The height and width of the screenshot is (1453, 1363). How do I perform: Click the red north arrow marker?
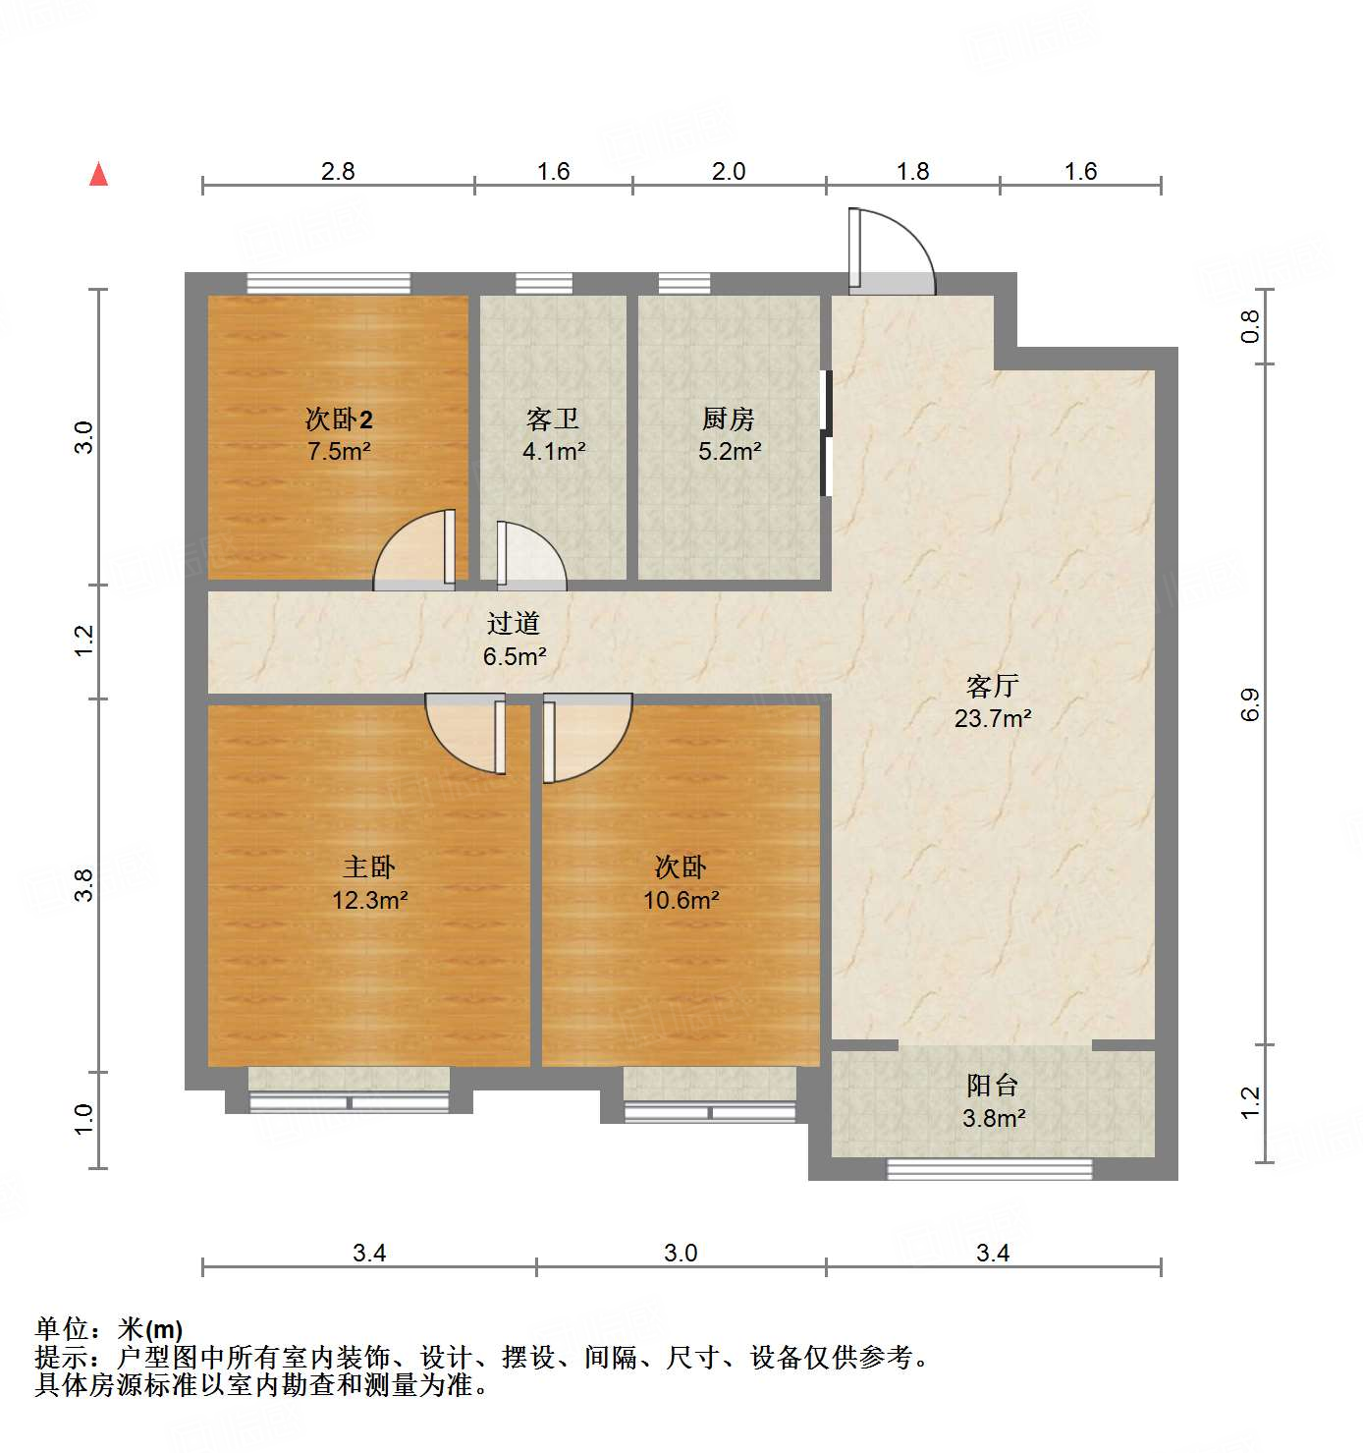pos(98,175)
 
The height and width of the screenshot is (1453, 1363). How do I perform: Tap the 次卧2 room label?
pos(339,419)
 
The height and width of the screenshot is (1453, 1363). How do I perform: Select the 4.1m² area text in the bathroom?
pos(554,452)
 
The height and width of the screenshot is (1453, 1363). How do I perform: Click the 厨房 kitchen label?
pos(729,419)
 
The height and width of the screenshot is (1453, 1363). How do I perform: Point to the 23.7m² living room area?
pos(993,718)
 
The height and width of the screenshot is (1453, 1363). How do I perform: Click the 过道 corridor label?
pos(514,623)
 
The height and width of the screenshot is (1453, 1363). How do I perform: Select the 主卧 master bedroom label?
pos(369,867)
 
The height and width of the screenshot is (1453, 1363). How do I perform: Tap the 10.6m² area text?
pos(681,900)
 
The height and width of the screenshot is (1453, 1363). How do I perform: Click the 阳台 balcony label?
pos(993,1086)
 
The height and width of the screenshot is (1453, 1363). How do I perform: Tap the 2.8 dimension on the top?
pos(338,171)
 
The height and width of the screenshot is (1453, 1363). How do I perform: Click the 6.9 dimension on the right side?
pos(1250,704)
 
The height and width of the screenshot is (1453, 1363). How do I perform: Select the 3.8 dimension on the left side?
pos(84,885)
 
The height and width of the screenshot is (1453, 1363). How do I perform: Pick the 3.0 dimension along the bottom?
pos(681,1253)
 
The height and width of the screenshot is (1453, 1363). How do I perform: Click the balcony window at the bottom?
pos(989,1169)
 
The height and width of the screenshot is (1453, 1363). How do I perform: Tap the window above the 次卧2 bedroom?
pos(328,283)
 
